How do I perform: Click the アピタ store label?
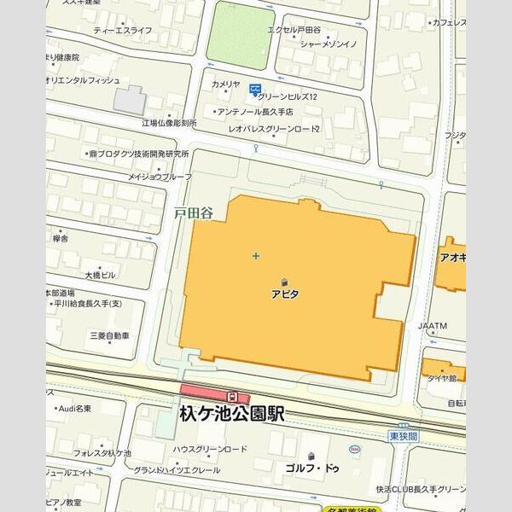[284, 294]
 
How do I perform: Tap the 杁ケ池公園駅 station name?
[231, 414]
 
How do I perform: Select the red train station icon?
[231, 396]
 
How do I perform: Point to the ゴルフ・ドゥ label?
[312, 468]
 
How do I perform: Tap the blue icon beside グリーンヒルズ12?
[254, 89]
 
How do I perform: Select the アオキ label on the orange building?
[452, 257]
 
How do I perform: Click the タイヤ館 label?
[443, 376]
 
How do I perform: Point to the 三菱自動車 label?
[110, 336]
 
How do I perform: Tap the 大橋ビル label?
[100, 276]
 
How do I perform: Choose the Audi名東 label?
[75, 409]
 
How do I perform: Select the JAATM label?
[433, 326]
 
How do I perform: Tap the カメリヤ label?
[225, 84]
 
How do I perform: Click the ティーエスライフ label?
[123, 31]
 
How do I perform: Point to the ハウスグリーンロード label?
[210, 449]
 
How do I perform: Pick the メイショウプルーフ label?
[160, 177]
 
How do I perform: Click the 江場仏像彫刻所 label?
[169, 124]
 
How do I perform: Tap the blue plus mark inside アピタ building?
[255, 255]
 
